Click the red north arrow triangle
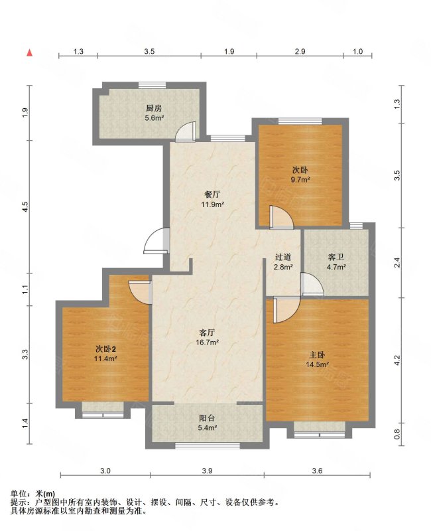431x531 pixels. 30,52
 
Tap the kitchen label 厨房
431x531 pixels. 154,108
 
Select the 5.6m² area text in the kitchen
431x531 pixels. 154,118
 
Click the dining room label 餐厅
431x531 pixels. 212,194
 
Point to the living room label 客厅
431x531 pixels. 207,333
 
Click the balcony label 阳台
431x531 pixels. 207,418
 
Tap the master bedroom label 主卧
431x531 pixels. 318,354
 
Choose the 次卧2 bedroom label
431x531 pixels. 106,348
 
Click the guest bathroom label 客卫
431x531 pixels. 336,257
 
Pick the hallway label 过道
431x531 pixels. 283,257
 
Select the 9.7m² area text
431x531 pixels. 300,180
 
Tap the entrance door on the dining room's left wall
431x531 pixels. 156,241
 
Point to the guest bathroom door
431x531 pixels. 312,284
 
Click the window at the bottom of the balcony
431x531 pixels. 208,445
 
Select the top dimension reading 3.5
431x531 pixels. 149,52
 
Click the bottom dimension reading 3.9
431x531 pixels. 207,471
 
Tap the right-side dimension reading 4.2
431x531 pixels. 397,360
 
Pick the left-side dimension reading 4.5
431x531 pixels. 26,207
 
